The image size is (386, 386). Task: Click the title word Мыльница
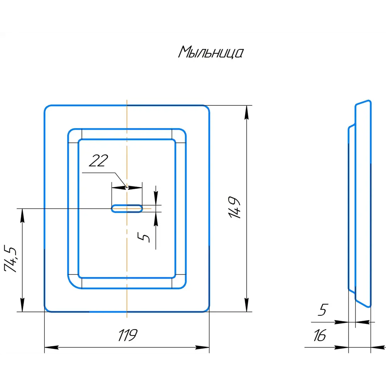coord(211,52)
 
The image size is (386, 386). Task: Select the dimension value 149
coord(235,208)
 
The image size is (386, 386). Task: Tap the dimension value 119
coord(127,335)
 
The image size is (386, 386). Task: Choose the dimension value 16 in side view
coord(320,335)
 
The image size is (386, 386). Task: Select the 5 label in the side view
coord(323,310)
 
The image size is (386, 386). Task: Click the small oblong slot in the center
coord(127,208)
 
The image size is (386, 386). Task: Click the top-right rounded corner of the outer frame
coord(206,108)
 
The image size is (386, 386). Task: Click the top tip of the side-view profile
coord(368,102)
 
